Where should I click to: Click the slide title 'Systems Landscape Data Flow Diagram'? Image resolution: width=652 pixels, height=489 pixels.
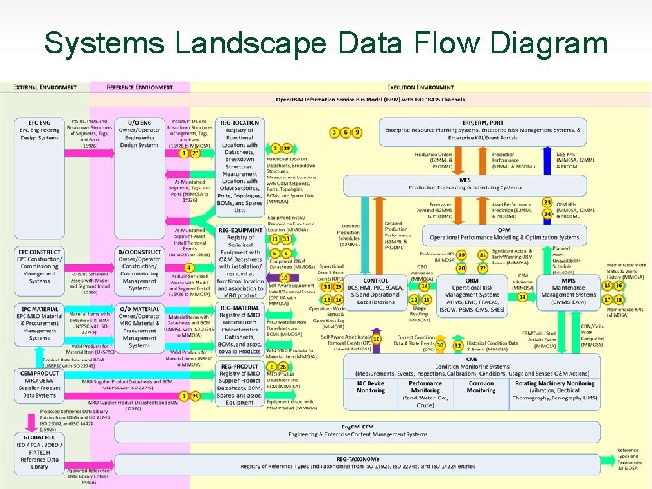coord(326,43)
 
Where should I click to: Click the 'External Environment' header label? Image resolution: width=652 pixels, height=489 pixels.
coord(44,86)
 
